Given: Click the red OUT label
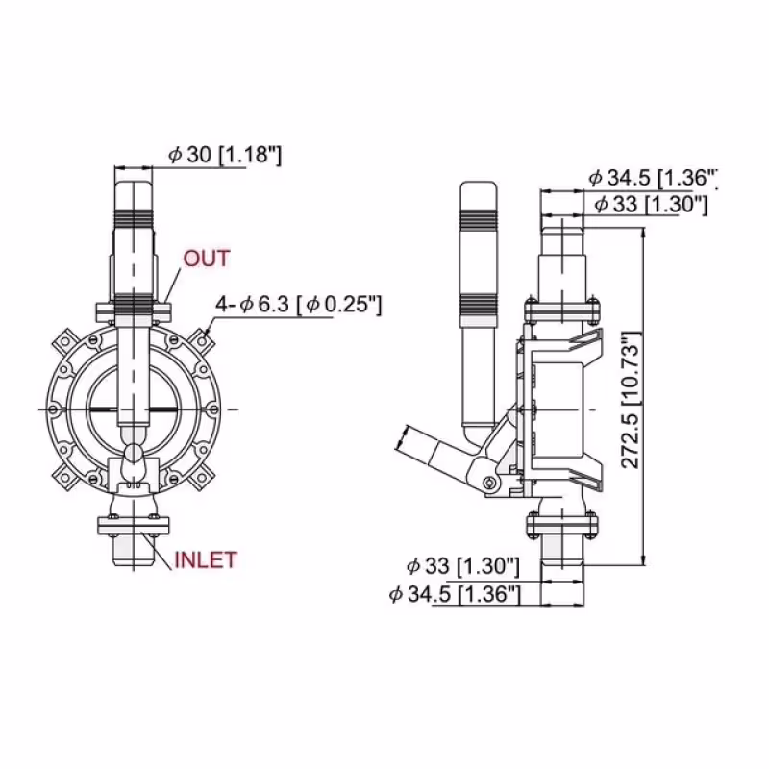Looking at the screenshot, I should [x=207, y=258].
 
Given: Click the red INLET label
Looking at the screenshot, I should [x=205, y=559].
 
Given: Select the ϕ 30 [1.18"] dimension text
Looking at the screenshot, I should [x=224, y=154].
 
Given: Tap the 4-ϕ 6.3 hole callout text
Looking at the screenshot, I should [x=299, y=305].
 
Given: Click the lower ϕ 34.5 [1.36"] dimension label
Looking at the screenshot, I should [x=455, y=595].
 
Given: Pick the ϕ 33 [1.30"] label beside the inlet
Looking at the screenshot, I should [x=462, y=564].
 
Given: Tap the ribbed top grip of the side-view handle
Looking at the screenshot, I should [x=477, y=207].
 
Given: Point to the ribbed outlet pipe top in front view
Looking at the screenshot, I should [x=133, y=197].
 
